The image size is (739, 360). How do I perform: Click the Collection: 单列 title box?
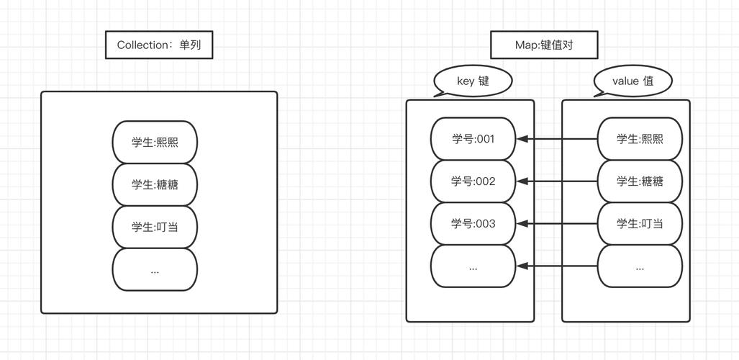pos(159,45)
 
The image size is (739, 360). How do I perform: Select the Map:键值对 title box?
pos(545,45)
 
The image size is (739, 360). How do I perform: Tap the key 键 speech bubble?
pos(473,81)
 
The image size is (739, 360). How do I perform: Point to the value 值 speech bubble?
pos(633,81)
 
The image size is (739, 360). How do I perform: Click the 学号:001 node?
pos(473,139)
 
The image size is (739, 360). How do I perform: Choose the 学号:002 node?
pos(473,181)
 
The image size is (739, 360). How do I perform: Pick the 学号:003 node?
pos(473,224)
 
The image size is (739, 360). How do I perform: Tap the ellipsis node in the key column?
pos(473,266)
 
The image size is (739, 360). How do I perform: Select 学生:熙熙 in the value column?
pos(640,139)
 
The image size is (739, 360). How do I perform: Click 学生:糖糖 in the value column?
pos(640,181)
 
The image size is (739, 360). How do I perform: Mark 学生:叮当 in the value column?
pos(640,224)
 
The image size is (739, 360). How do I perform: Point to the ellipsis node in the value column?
pos(640,266)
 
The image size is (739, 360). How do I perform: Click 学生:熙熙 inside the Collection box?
pos(155,142)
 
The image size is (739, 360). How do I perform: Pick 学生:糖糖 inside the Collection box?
pos(155,184)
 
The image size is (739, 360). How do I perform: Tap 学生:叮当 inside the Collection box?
pos(155,227)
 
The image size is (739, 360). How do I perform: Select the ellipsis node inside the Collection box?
pos(155,270)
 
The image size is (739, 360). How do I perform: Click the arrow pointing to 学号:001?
pos(557,139)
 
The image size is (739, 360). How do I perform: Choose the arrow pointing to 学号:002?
pos(557,181)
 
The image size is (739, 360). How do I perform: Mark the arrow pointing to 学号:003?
pos(557,224)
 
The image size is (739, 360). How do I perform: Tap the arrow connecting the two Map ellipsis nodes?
pos(557,266)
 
